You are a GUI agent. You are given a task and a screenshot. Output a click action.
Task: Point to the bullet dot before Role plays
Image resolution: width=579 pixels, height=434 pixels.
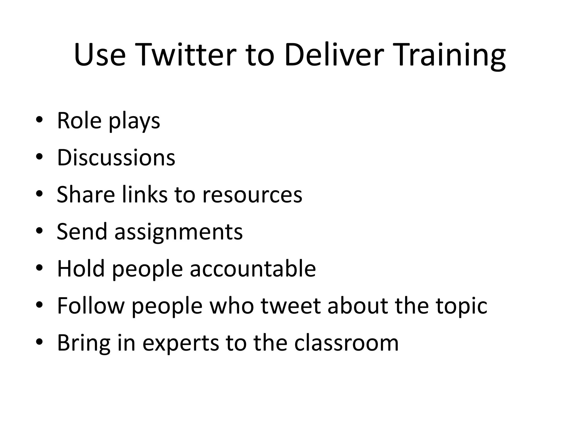pos(39,120)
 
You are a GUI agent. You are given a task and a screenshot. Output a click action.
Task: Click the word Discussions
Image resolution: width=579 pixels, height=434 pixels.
pos(116,157)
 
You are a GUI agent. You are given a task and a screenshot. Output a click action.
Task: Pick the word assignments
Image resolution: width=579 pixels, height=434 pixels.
pos(178,232)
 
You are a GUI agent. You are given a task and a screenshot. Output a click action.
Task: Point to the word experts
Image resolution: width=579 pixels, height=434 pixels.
pos(181,343)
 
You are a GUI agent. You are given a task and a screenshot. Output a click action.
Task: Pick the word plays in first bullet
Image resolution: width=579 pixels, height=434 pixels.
pos(134,121)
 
